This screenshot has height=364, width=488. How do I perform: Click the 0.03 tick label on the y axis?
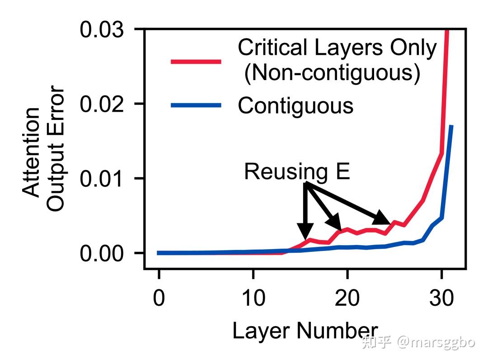[102, 30]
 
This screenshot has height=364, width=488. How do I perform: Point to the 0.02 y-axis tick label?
[102, 104]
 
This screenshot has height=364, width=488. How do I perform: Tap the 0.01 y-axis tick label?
[102, 179]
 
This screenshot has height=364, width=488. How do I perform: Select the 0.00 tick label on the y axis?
[102, 253]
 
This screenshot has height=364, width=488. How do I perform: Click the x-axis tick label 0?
[159, 298]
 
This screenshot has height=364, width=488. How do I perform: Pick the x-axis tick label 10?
[253, 298]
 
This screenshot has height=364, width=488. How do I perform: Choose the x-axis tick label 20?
[347, 298]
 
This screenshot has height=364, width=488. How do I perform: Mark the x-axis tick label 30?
[441, 298]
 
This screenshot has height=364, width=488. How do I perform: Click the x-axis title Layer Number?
[305, 331]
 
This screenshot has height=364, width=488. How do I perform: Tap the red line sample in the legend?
[196, 61]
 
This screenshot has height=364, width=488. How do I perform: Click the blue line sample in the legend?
[196, 105]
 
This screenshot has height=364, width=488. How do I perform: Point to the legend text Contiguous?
[296, 105]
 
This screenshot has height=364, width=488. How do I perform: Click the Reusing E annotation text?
[297, 171]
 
